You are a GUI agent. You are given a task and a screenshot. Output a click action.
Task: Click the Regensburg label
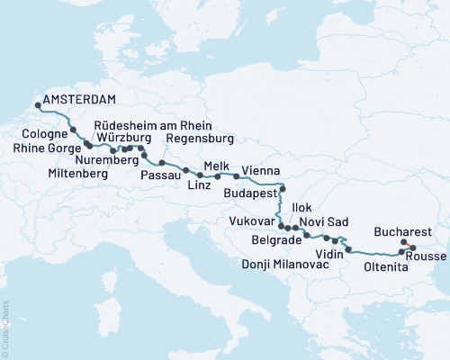pos(199,139)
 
